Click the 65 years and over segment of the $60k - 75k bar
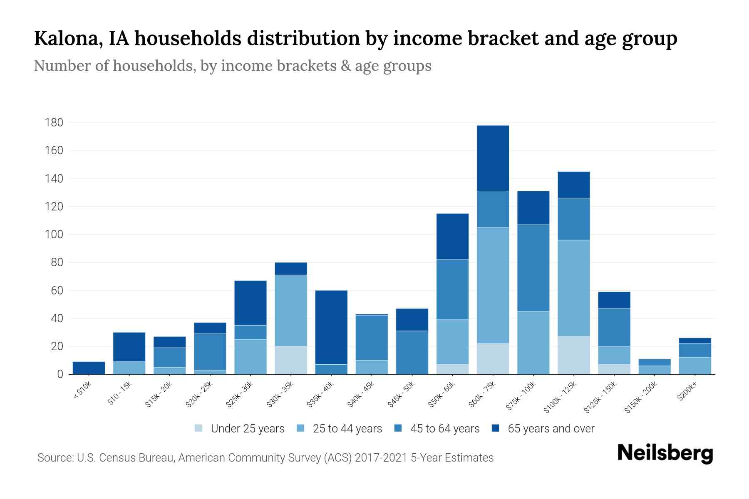(x=493, y=158)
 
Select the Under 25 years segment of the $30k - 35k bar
(x=291, y=360)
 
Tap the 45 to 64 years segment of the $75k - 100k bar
(x=533, y=268)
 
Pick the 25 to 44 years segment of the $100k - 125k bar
(x=573, y=288)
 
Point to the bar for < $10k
(x=89, y=368)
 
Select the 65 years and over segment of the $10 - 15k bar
(x=129, y=347)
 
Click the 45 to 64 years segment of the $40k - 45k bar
(x=372, y=338)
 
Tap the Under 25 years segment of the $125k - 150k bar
(x=614, y=369)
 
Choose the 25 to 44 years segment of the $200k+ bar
(x=694, y=366)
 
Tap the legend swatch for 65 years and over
(x=495, y=428)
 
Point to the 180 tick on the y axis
(x=54, y=123)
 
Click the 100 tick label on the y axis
(x=54, y=235)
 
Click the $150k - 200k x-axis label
(x=641, y=398)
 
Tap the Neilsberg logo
(x=665, y=453)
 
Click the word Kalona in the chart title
(x=69, y=38)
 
